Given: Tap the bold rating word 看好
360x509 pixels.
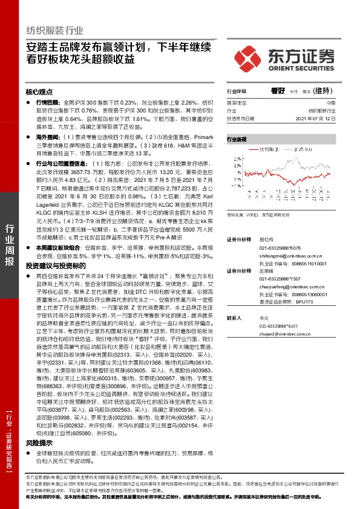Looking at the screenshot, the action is click(x=278, y=91).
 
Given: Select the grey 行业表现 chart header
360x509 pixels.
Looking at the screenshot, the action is click(x=238, y=139).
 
